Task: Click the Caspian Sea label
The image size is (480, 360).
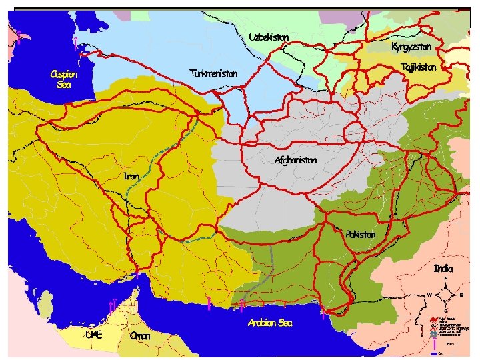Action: pyautogui.click(x=63, y=79)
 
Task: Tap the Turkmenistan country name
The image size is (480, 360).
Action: pyautogui.click(x=213, y=73)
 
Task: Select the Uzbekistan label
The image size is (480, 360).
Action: pyautogui.click(x=269, y=37)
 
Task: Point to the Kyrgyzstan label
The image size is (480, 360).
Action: pyautogui.click(x=411, y=47)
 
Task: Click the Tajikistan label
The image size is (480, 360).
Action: pyautogui.click(x=419, y=67)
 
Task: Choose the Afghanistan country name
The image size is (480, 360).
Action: pyautogui.click(x=295, y=161)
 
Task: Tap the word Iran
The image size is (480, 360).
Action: pyautogui.click(x=131, y=177)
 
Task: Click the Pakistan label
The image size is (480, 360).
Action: pyautogui.click(x=361, y=235)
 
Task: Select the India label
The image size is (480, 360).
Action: pyautogui.click(x=443, y=269)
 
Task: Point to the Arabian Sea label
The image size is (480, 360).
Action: pyautogui.click(x=269, y=323)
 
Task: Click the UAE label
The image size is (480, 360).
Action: pyautogui.click(x=94, y=335)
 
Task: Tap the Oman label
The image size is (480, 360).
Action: pyautogui.click(x=139, y=336)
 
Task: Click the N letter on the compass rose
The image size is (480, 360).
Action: pyautogui.click(x=446, y=279)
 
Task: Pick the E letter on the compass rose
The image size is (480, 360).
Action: pyautogui.click(x=462, y=295)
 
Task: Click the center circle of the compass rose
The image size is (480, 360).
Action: pyautogui.click(x=445, y=295)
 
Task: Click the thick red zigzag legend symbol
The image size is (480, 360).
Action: pyautogui.click(x=433, y=319)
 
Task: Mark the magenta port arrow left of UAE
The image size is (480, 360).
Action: pyautogui.click(x=113, y=305)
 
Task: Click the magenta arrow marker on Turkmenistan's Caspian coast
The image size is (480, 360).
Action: pyautogui.click(x=77, y=44)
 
